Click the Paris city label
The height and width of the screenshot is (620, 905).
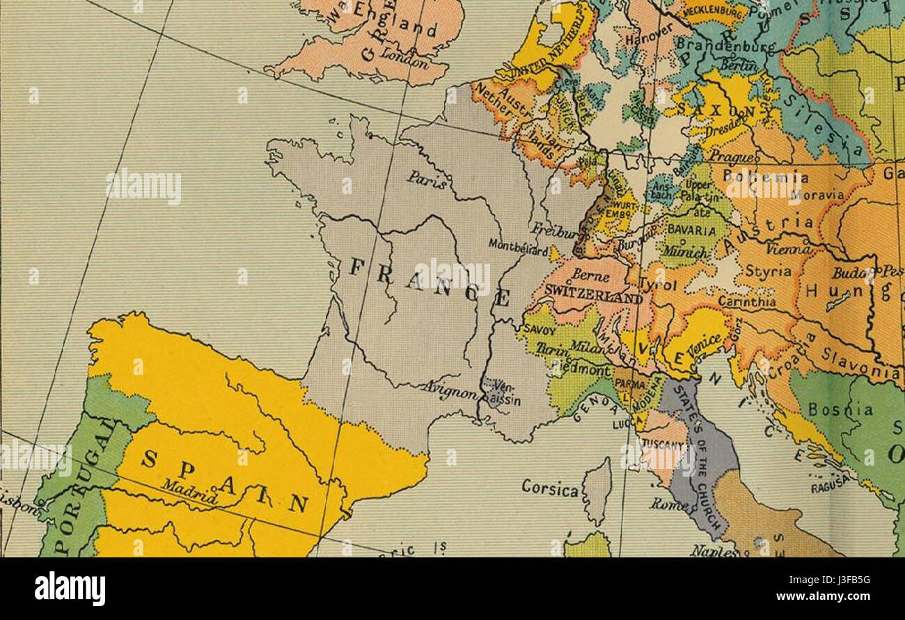pyautogui.click(x=427, y=180)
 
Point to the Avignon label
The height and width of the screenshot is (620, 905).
pyautogui.click(x=449, y=391)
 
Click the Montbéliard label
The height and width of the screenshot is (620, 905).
pyautogui.click(x=517, y=245)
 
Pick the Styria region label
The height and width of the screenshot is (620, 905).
pyautogui.click(x=768, y=270)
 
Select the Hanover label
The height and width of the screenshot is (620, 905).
pyautogui.click(x=648, y=33)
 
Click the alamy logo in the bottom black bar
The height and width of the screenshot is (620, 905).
pyautogui.click(x=70, y=589)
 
